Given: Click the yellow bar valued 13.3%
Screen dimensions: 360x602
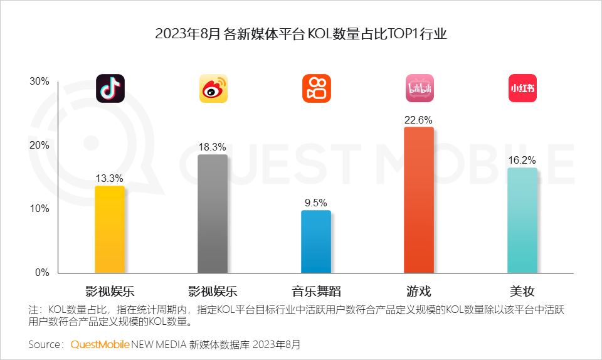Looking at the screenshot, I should click(x=110, y=229).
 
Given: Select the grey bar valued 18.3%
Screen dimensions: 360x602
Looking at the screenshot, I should click(x=213, y=213).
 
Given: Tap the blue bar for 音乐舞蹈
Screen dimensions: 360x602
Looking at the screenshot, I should click(x=316, y=241).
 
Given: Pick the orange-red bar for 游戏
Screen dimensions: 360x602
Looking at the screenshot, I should click(x=418, y=199).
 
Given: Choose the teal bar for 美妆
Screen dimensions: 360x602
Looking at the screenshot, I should click(x=522, y=220).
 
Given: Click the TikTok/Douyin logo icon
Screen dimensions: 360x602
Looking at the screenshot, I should click(x=110, y=88).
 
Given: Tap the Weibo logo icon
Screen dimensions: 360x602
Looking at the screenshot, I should click(x=213, y=88).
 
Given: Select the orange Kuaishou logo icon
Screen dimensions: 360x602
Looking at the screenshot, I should click(x=316, y=88).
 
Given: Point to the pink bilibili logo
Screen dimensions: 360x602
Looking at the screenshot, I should click(x=419, y=88).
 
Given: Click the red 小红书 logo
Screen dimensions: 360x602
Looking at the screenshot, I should click(x=522, y=88).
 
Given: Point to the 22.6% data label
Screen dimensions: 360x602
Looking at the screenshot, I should click(x=418, y=120).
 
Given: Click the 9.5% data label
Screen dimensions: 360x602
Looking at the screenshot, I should click(x=316, y=203).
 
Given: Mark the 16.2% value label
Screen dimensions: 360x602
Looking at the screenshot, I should click(x=522, y=161).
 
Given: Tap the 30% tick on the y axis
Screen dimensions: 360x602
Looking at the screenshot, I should click(x=39, y=82).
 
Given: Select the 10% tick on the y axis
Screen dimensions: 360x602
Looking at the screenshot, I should click(x=39, y=209).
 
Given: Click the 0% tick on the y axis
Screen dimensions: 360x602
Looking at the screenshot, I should click(x=41, y=273).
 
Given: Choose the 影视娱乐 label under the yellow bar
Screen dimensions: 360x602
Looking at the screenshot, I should click(x=110, y=291).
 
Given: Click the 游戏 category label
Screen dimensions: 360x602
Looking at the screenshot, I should click(x=418, y=291).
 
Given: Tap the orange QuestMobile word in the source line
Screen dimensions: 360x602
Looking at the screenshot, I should click(x=100, y=344).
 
